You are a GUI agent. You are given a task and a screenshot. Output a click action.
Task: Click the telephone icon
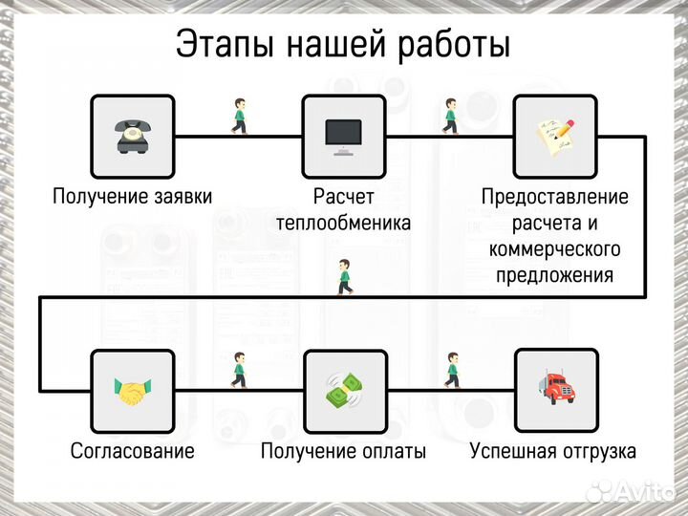(x=132, y=136)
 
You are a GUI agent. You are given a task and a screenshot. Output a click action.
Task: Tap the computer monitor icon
(x=343, y=136)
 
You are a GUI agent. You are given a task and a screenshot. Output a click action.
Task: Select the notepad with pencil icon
(x=555, y=136)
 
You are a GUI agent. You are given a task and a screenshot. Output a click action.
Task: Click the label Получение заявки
(x=132, y=197)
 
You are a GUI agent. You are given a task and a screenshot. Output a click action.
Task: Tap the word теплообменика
(x=343, y=224)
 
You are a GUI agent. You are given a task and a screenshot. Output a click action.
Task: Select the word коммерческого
(x=555, y=250)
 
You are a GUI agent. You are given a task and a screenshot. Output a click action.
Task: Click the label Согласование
(x=132, y=451)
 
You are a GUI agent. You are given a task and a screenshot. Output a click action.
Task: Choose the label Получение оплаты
(x=343, y=451)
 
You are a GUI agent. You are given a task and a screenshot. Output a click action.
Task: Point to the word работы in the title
(x=455, y=45)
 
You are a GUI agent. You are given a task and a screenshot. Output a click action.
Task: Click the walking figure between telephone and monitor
(x=239, y=115)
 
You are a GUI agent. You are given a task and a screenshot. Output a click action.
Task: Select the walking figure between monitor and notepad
(x=450, y=115)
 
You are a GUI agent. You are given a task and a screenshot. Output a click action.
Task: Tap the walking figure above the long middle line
(x=344, y=277)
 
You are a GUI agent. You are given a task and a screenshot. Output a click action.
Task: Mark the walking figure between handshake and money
(x=239, y=370)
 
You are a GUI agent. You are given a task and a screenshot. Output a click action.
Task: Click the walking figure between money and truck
(x=451, y=370)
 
